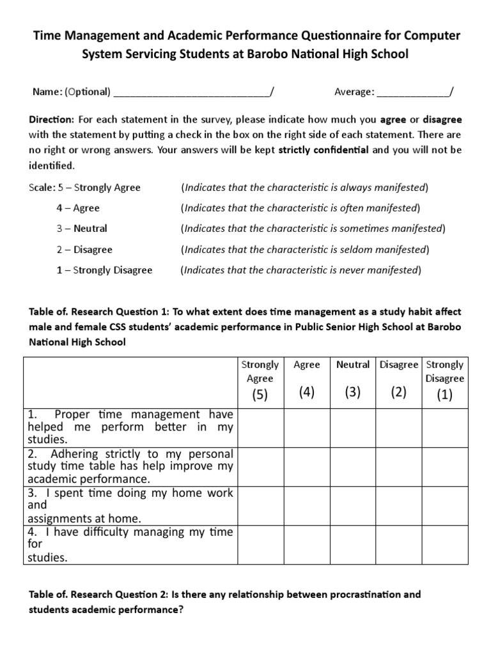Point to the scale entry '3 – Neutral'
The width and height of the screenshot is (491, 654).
click(x=82, y=229)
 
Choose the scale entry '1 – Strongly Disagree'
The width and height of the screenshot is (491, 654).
click(x=104, y=270)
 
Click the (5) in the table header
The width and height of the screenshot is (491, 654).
click(x=260, y=394)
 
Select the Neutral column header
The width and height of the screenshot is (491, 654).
click(x=353, y=365)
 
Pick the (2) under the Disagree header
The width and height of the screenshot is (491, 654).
click(x=399, y=392)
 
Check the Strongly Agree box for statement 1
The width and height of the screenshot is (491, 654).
click(x=260, y=427)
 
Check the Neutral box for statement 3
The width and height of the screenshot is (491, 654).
click(x=353, y=505)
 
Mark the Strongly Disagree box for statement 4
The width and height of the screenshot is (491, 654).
click(x=445, y=544)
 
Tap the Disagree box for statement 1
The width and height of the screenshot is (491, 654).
click(x=399, y=427)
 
